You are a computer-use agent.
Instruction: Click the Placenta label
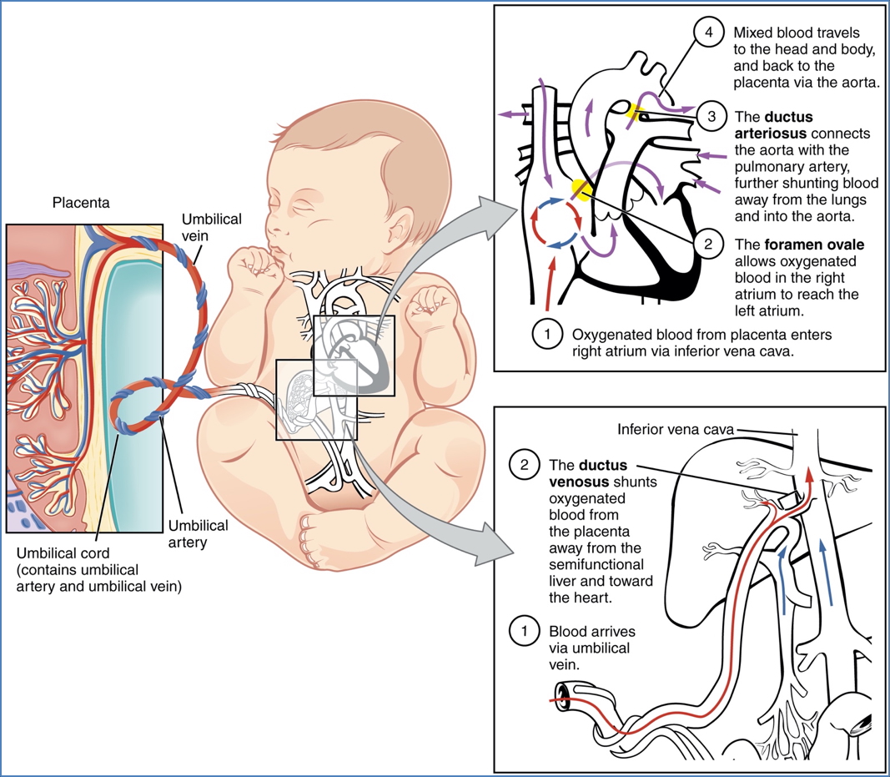click(81, 203)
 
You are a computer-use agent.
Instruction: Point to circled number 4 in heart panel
click(708, 33)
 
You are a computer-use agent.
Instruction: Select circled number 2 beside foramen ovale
click(707, 245)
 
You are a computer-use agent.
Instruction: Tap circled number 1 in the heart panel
click(548, 334)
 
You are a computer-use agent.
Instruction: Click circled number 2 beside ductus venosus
click(525, 465)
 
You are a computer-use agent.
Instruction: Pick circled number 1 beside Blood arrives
click(525, 632)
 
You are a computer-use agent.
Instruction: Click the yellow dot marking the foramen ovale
click(578, 190)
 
